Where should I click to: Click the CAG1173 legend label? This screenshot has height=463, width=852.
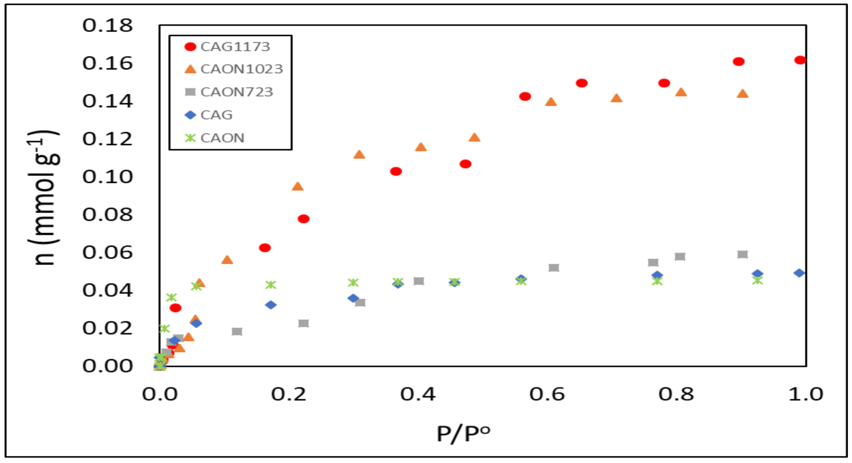(235, 47)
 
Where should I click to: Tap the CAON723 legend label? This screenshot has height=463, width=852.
(237, 92)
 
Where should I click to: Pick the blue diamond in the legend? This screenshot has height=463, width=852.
(190, 115)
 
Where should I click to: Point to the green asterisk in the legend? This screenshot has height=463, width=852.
(190, 138)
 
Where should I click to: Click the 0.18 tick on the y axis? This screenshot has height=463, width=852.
(107, 26)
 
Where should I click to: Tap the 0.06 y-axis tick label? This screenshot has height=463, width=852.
(107, 252)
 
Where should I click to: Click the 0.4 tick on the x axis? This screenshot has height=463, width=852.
(418, 394)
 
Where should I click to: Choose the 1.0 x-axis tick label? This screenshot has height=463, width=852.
(806, 394)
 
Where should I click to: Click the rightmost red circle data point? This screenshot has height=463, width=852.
(800, 60)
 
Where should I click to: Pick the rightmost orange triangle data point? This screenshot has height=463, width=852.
(743, 94)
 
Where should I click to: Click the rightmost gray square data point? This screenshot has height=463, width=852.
(743, 254)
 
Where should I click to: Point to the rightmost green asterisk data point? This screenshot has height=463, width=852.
(757, 280)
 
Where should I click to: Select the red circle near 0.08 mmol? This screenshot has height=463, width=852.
(303, 219)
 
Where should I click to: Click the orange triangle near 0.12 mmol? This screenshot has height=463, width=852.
(474, 137)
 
